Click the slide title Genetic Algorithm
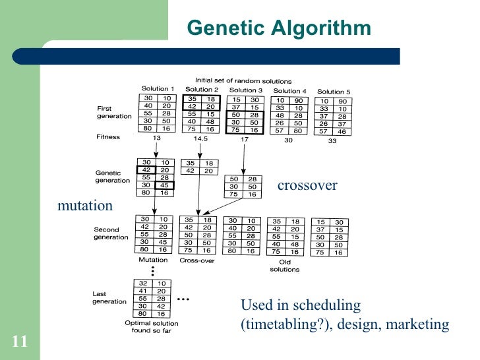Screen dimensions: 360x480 point(279,28)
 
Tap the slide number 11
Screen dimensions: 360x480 point(19,341)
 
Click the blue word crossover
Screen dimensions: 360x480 point(307,185)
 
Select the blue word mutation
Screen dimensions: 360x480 point(85,206)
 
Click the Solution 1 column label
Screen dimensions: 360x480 point(158,89)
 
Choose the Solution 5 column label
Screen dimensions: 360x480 point(334,92)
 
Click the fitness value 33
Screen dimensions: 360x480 point(332,140)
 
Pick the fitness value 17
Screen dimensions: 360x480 point(244,140)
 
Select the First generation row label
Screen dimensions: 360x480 point(113,112)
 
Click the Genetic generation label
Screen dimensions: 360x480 point(113,177)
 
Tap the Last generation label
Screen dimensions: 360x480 point(109,297)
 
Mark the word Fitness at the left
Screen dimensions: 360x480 point(108,137)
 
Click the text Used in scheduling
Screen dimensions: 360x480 point(301,305)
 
